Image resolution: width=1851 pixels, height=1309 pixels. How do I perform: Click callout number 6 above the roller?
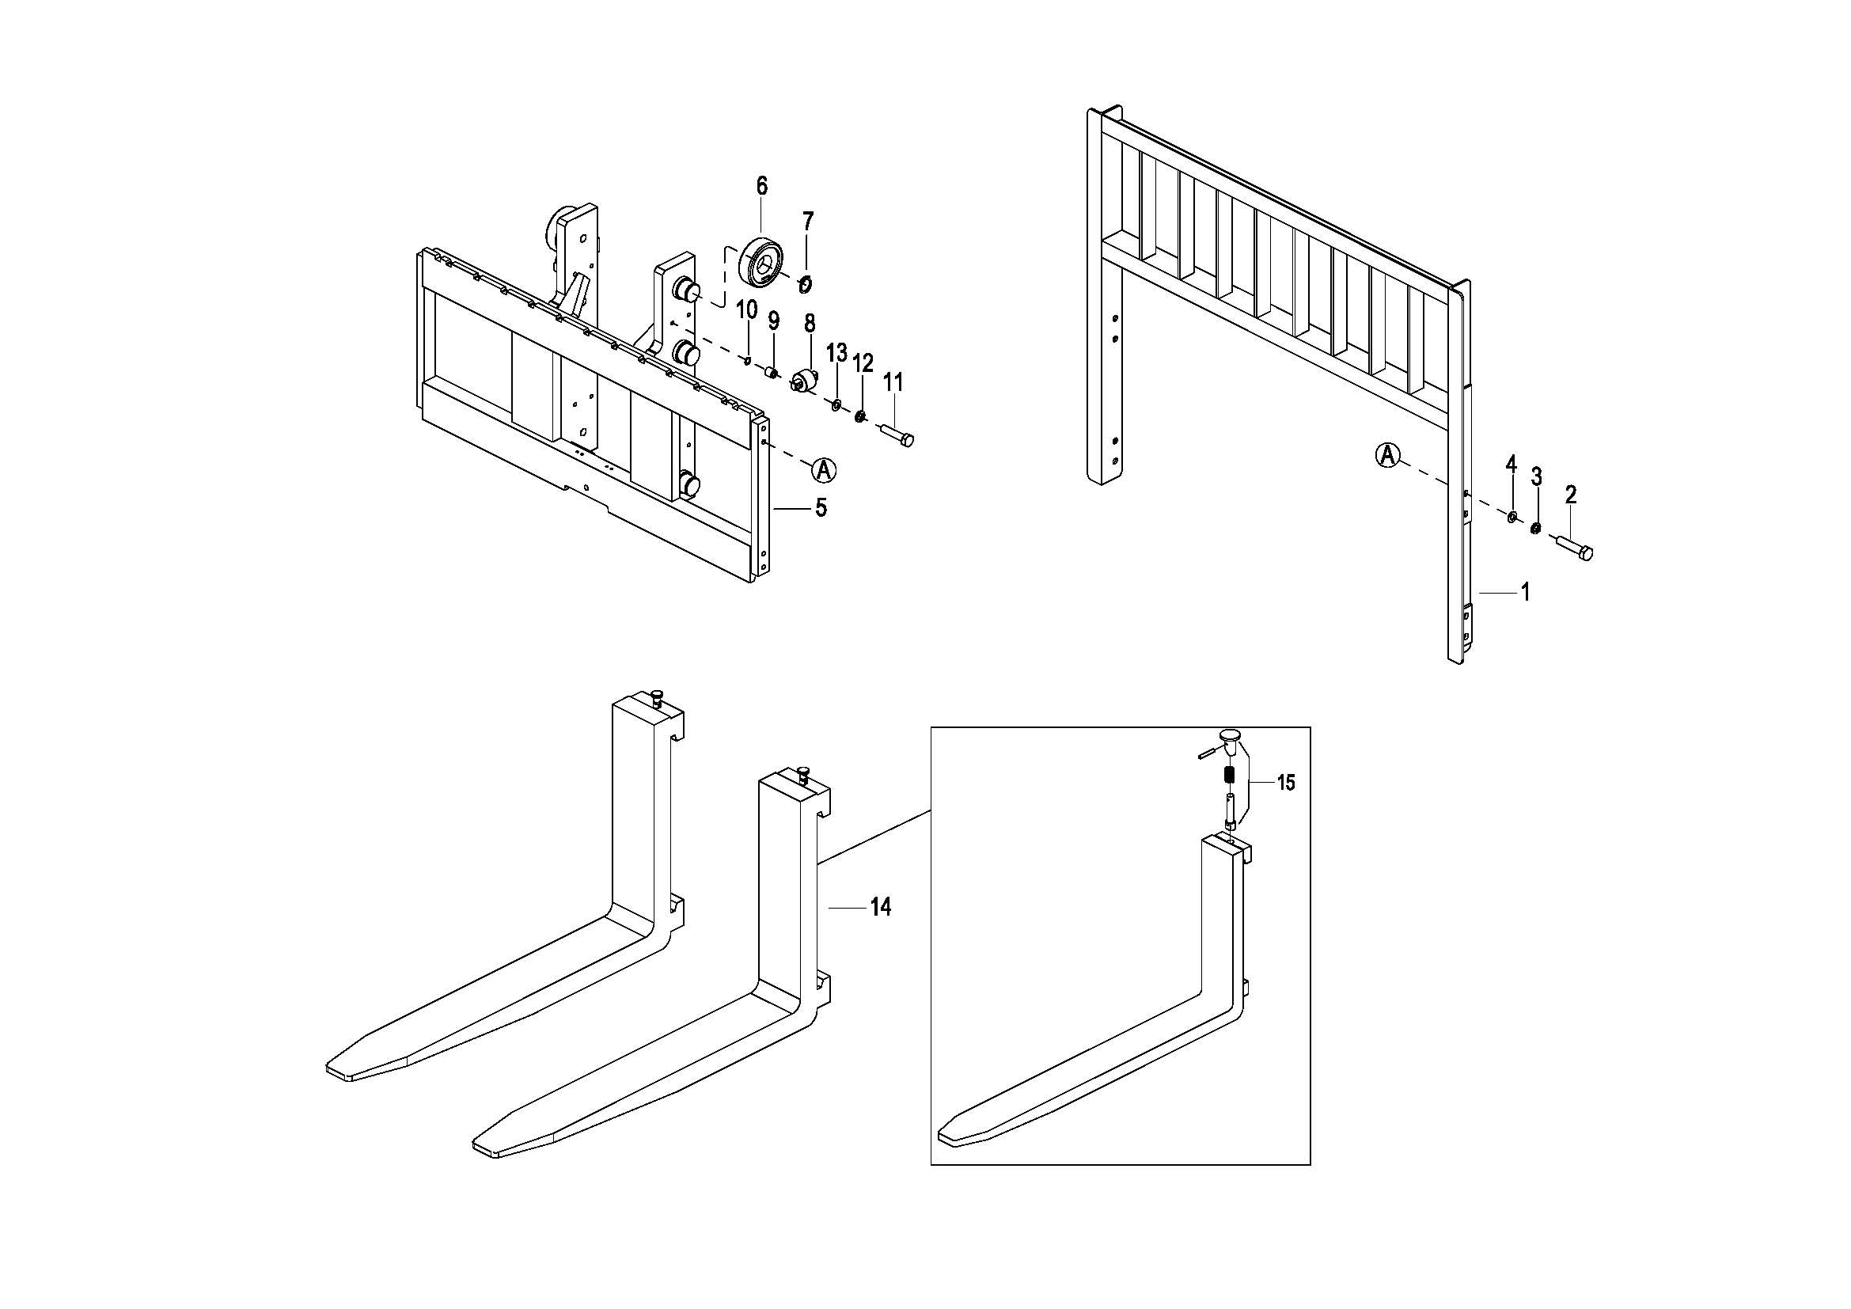[761, 186]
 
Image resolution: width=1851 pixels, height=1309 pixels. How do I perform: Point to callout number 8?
[810, 323]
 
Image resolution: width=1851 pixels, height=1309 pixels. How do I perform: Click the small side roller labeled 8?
[805, 381]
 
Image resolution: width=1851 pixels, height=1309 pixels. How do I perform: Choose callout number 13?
[836, 352]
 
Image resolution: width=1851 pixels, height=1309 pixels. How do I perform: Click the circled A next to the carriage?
[824, 469]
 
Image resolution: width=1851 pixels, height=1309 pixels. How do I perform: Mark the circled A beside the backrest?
[1386, 455]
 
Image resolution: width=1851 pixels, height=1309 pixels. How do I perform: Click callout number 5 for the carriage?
[821, 508]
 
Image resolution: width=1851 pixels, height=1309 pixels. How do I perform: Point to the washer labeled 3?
[1536, 529]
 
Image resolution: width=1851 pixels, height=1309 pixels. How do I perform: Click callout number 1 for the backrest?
[1524, 593]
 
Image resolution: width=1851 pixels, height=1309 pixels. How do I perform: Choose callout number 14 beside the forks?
[880, 908]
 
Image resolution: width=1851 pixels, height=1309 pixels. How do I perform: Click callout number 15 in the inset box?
[1286, 782]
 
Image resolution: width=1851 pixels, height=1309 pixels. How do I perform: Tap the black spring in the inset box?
[1230, 776]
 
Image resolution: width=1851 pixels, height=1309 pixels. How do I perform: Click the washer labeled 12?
[860, 416]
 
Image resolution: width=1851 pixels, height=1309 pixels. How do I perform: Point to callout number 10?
[746, 309]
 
